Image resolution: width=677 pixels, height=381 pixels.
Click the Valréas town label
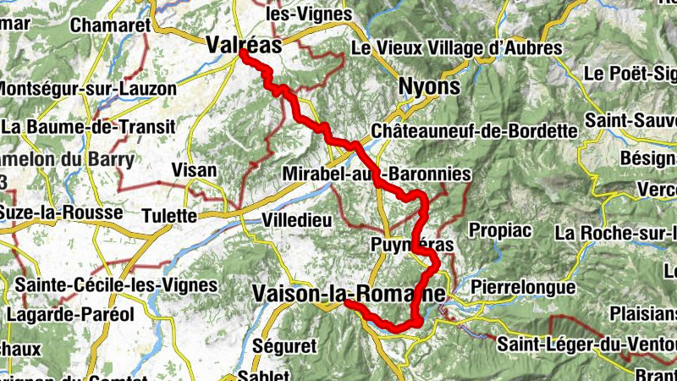click(243, 48)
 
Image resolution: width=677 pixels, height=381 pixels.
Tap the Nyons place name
click(430, 87)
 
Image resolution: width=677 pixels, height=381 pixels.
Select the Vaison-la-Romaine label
click(348, 293)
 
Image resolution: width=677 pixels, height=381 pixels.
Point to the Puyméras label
click(413, 245)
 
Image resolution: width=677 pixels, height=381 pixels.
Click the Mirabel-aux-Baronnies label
click(378, 174)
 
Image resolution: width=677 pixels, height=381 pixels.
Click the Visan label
click(194, 170)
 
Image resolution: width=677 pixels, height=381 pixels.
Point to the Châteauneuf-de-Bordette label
click(473, 131)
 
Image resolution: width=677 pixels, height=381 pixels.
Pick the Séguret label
click(283, 346)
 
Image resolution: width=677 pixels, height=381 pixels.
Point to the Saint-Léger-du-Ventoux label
click(586, 345)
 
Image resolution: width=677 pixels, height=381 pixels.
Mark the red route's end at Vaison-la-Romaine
click(347, 302)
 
